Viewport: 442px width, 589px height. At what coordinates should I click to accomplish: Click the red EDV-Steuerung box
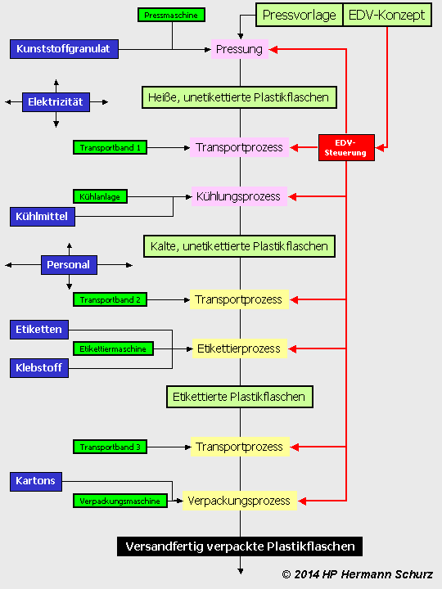point(346,147)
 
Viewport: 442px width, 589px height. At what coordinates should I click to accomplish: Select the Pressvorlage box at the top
point(299,15)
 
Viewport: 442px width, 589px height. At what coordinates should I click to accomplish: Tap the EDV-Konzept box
point(387,15)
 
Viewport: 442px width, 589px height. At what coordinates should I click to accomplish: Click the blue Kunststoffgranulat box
point(65,49)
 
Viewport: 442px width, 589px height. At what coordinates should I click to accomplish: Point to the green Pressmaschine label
point(170,15)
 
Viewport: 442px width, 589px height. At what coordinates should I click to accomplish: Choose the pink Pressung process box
point(239,49)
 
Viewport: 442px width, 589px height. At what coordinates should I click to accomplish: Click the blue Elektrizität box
point(56,103)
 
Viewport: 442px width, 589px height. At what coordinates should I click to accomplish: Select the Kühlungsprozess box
point(237,196)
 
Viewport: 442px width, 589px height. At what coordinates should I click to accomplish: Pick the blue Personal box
point(69,265)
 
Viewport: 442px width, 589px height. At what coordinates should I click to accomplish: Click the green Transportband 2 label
point(110,299)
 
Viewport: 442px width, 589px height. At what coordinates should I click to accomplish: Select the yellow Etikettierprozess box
point(239,348)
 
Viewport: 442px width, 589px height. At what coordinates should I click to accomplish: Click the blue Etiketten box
point(39,330)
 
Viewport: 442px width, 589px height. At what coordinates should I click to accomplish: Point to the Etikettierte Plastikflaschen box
point(239,397)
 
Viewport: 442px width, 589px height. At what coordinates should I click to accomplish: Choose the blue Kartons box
point(36,481)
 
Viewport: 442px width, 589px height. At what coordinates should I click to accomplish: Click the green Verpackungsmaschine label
point(120,500)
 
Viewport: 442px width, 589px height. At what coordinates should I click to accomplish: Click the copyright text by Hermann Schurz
point(357,575)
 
